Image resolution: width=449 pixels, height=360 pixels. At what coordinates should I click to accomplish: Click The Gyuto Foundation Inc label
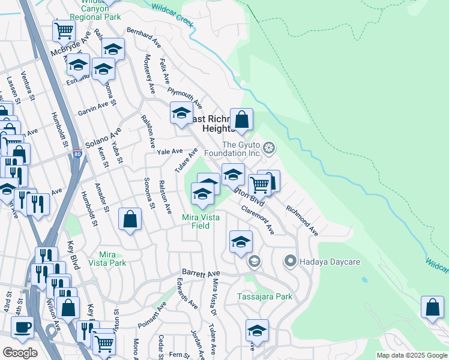[x=242, y=149]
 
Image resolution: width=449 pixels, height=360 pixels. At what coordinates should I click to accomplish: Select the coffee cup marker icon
[x=23, y=327]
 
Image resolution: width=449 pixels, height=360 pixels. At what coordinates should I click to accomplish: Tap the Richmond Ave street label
[x=302, y=220]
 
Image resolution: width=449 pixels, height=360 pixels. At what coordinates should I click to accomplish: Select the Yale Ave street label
[x=170, y=152]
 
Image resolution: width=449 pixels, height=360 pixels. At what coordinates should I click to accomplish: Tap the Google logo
[x=20, y=353]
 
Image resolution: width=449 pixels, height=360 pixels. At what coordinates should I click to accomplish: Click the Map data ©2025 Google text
[x=411, y=355]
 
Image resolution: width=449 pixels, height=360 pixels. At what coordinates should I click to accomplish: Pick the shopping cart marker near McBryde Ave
[x=64, y=30]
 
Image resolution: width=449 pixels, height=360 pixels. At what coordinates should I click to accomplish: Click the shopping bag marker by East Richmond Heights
[x=241, y=119]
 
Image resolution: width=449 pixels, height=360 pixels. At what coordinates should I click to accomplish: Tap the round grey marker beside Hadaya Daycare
[x=291, y=261]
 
